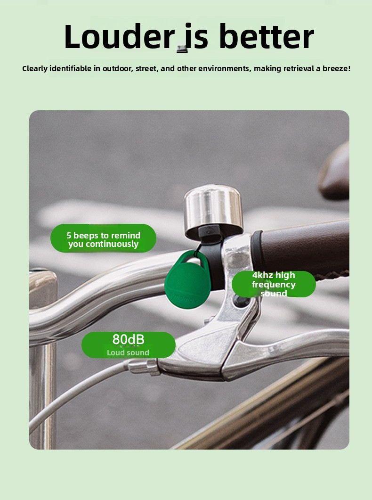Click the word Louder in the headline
coord(119,36)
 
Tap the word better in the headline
coord(266,36)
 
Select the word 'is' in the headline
coord(196,36)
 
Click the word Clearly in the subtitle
coord(35,69)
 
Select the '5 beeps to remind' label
coord(103,235)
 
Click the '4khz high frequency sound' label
coord(274,284)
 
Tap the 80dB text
coord(129,340)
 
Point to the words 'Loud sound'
coord(128,352)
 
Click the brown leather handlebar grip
coord(303,249)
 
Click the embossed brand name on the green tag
coord(185,298)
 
